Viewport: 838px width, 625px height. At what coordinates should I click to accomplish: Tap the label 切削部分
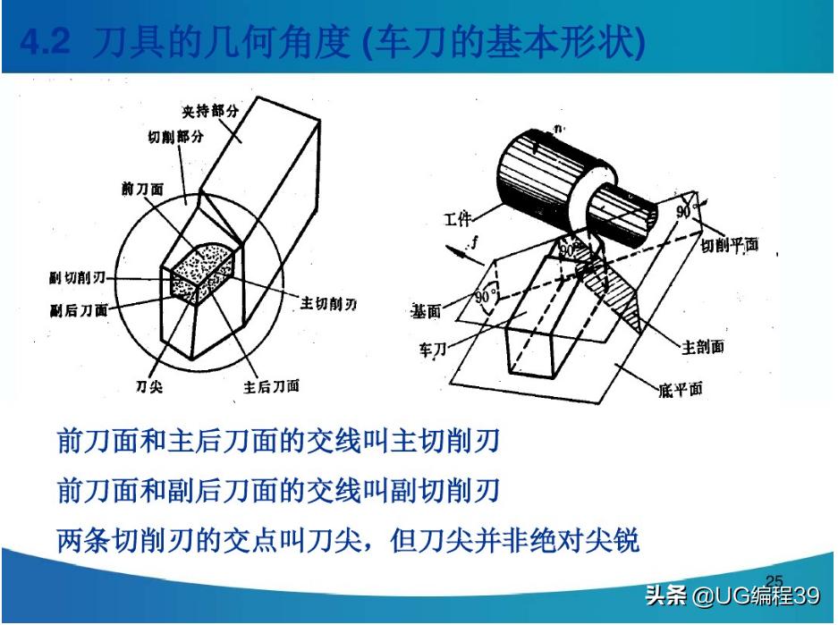click(x=175, y=139)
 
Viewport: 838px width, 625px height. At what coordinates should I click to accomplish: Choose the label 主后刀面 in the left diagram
click(x=271, y=386)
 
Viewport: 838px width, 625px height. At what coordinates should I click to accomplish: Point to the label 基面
click(x=426, y=310)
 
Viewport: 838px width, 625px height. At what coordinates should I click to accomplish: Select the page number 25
click(x=774, y=580)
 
